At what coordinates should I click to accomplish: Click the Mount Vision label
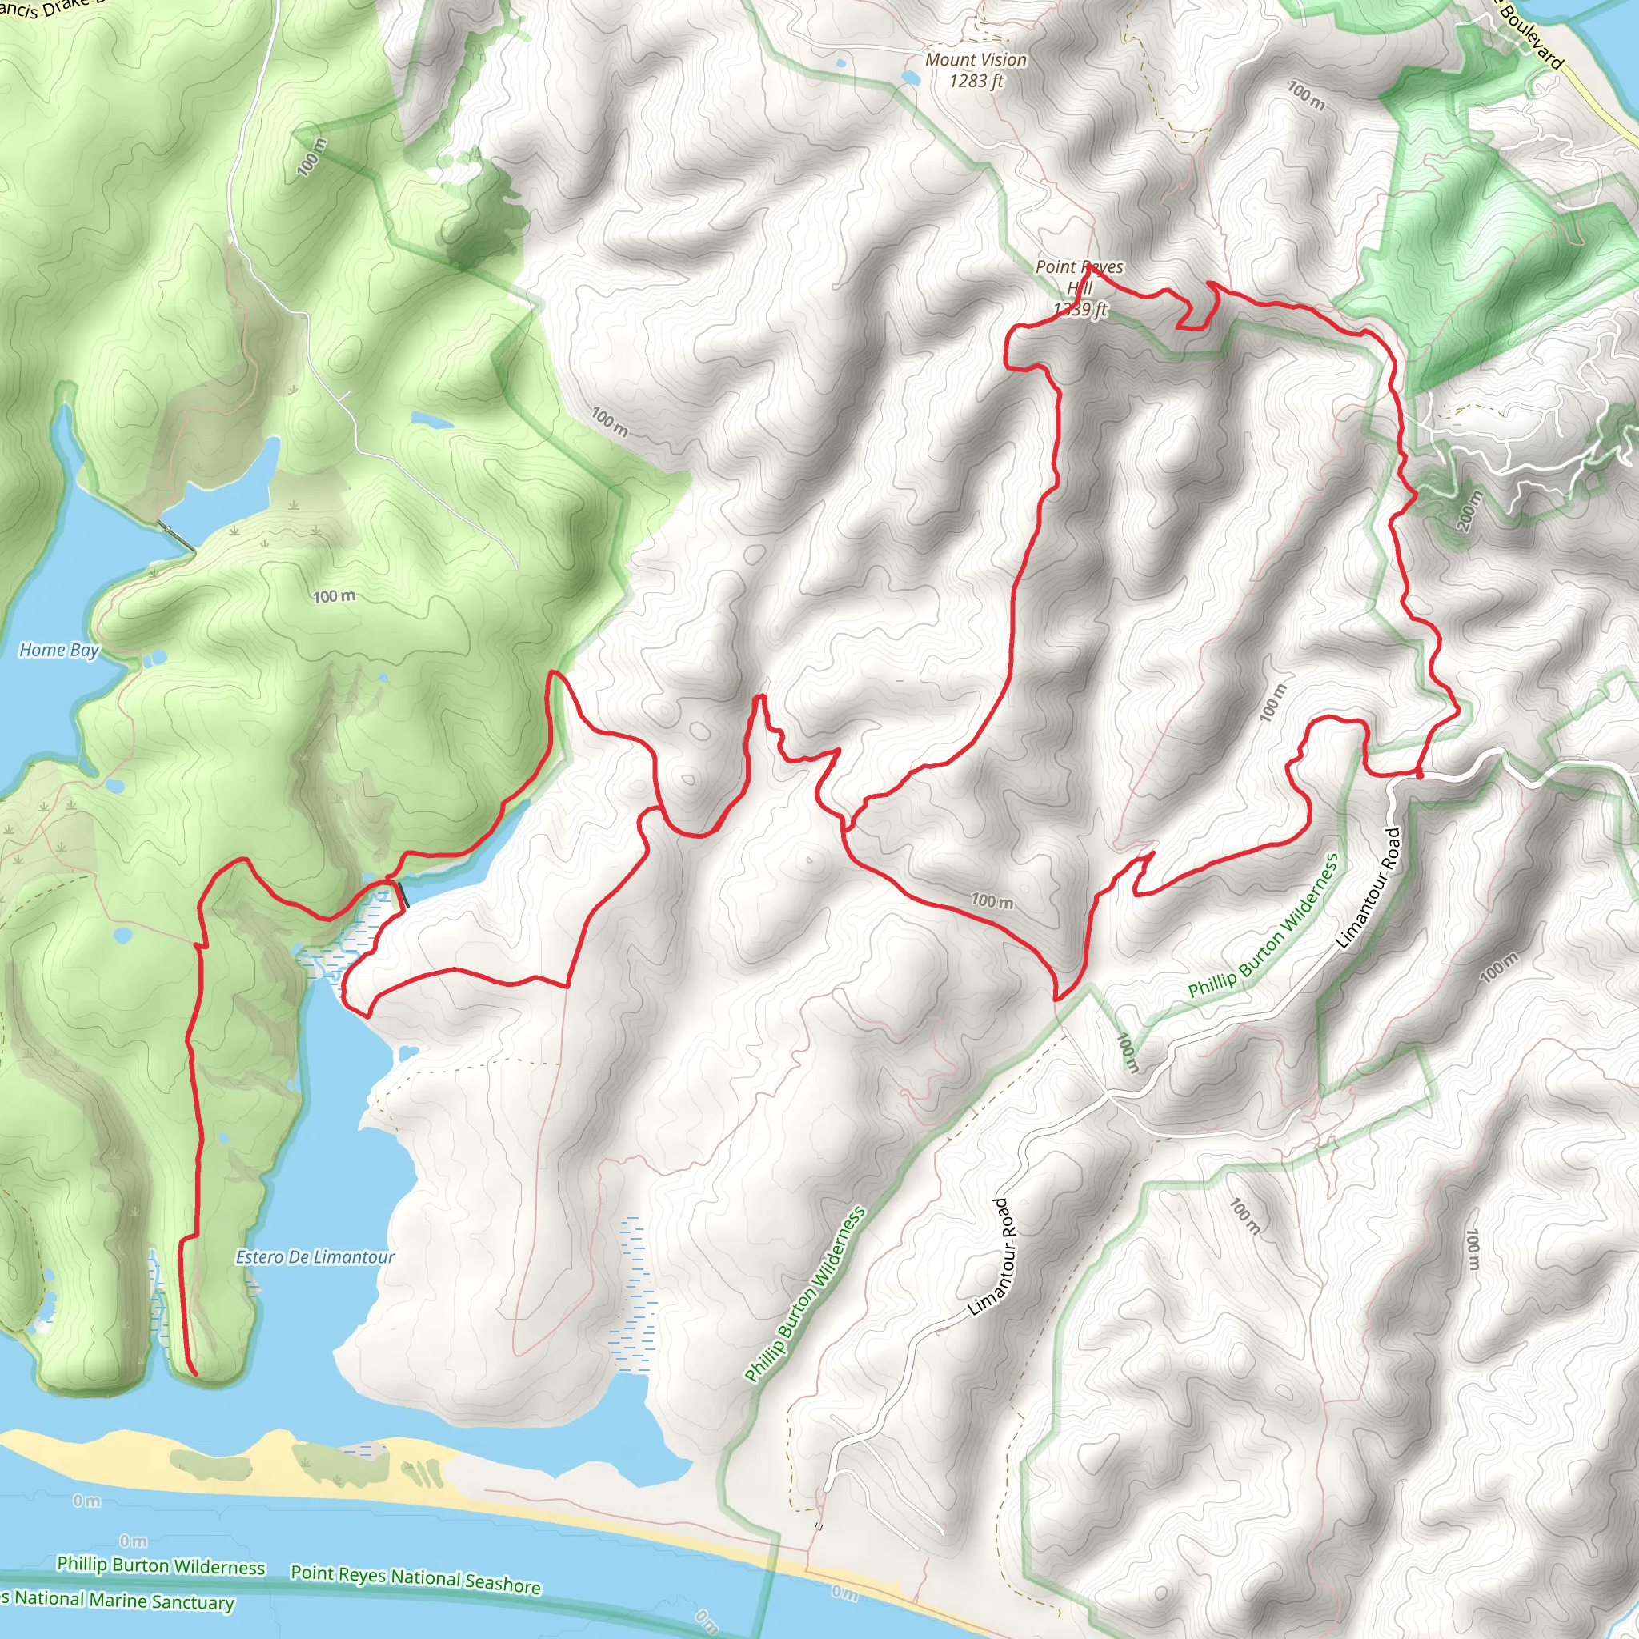click(x=976, y=60)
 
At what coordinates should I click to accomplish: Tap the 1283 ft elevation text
click(x=976, y=82)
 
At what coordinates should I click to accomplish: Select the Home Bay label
click(x=59, y=651)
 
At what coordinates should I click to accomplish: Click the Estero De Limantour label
click(x=315, y=1257)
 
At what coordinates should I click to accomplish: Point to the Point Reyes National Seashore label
click(x=415, y=1579)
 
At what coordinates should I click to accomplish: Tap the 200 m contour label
click(x=1469, y=511)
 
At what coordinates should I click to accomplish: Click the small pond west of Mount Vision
click(x=909, y=78)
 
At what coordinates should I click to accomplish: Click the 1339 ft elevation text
click(x=1080, y=310)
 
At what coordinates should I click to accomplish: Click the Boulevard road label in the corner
click(x=1530, y=34)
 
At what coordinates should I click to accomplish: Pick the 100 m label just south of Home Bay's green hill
click(x=334, y=597)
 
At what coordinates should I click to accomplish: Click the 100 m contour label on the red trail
click(x=992, y=901)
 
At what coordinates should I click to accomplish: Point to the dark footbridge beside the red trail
click(x=402, y=895)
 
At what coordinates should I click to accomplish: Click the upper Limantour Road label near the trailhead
click(x=1368, y=888)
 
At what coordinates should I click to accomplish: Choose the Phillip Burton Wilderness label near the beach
click(x=161, y=1567)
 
